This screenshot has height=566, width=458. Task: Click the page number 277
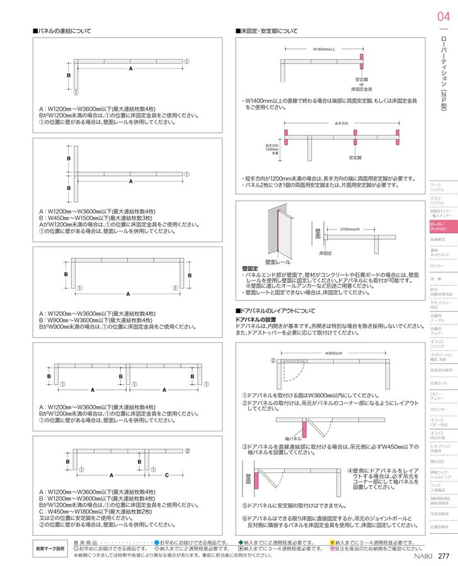click(x=443, y=555)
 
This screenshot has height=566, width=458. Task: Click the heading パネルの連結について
click(x=63, y=31)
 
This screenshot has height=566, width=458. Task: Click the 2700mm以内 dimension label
click(x=350, y=229)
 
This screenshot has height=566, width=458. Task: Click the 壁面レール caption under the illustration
click(x=278, y=261)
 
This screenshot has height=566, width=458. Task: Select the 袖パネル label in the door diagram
click(x=293, y=438)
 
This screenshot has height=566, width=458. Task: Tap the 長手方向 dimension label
click(x=342, y=123)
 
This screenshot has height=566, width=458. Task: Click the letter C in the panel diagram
click(x=167, y=475)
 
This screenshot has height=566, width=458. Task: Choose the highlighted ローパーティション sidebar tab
click(x=439, y=226)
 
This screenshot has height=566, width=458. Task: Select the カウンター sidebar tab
click(x=438, y=409)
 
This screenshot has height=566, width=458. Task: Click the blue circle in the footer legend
click(x=157, y=541)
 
